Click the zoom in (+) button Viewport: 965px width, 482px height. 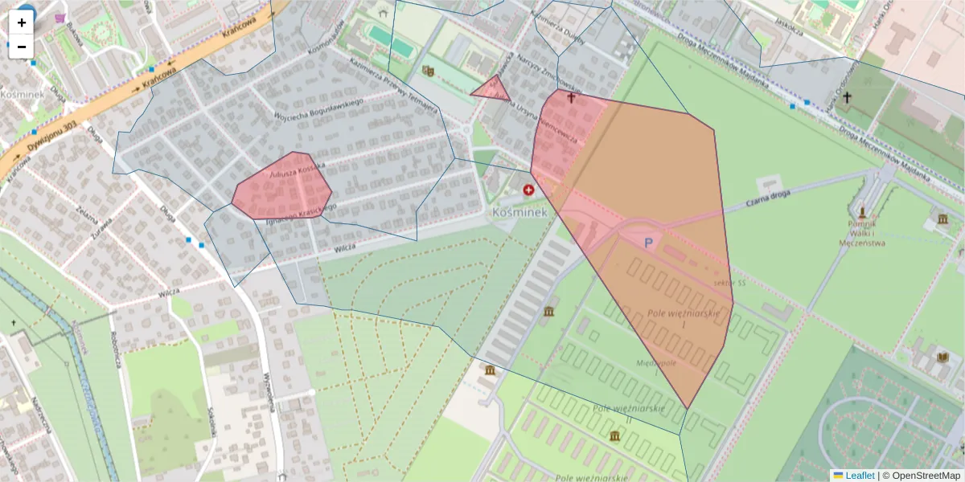pyautogui.click(x=22, y=22)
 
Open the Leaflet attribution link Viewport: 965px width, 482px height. pyautogui.click(x=859, y=476)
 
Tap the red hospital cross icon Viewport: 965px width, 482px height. pyautogui.click(x=528, y=190)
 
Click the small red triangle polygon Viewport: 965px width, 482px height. pyautogui.click(x=490, y=89)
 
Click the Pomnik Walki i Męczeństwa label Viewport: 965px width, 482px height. pyautogui.click(x=861, y=232)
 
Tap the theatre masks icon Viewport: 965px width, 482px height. pyautogui.click(x=429, y=71)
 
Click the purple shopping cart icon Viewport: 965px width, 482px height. pyautogui.click(x=60, y=17)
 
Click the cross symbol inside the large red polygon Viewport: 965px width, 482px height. pyautogui.click(x=571, y=97)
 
